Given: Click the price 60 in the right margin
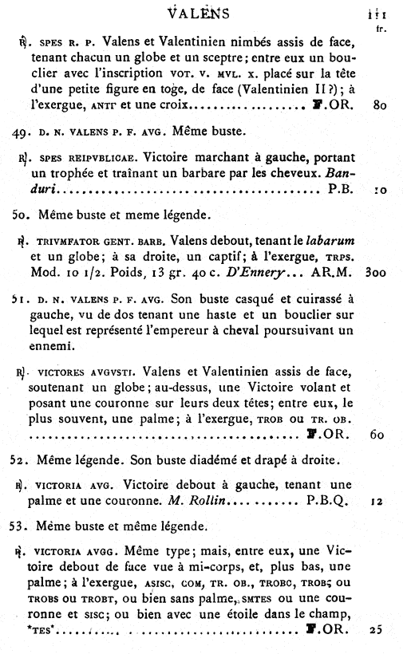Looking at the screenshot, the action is (x=379, y=435).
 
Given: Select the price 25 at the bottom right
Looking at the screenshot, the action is (x=377, y=630).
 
